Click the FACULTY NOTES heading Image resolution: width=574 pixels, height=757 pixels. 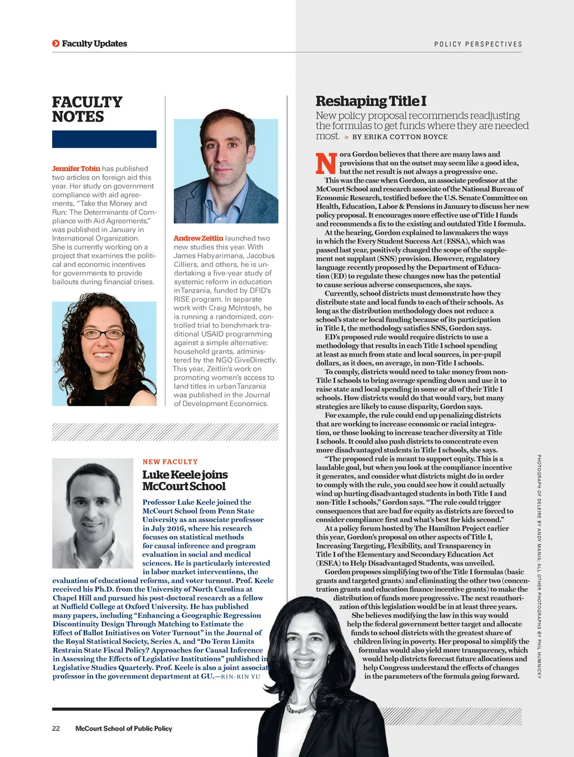87,109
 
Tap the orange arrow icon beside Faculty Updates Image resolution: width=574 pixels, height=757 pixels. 55,44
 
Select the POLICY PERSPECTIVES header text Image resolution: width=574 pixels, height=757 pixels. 478,44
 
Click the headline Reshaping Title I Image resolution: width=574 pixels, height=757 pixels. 371,101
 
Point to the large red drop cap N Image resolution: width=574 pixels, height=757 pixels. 326,163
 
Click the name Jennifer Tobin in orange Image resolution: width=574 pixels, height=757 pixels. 76,168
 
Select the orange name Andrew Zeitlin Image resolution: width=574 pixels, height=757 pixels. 198,238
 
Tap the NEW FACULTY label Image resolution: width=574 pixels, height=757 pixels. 170,462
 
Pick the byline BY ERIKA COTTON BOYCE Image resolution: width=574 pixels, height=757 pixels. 400,137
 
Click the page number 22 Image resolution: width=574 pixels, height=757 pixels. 56,728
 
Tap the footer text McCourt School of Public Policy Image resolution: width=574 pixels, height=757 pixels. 124,728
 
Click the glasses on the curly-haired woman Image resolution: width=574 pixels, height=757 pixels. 104,334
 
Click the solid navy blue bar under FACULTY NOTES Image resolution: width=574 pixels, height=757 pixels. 104,139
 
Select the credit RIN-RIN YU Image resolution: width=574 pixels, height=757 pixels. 241,677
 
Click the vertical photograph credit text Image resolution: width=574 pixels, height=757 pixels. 539,566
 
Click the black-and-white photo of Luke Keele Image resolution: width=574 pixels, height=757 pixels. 92,505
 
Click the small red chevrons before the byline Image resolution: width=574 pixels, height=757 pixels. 346,137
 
